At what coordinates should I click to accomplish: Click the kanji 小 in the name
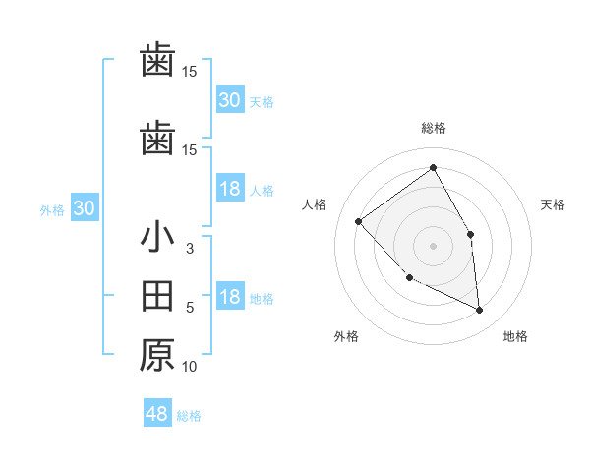coord(158,239)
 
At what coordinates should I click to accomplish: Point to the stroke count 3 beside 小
coord(190,249)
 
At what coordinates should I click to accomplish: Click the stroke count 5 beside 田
coord(190,308)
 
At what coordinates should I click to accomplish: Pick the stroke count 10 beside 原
coord(190,367)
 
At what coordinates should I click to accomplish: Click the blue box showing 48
coord(157,414)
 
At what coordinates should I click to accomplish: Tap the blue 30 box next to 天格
coord(230,99)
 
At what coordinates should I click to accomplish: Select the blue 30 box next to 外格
coord(84,208)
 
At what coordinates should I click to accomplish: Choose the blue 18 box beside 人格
coord(230,189)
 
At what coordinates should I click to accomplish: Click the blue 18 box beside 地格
coord(230,298)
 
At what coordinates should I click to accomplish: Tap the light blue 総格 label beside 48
coord(189,416)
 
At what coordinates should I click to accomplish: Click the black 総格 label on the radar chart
coord(434,128)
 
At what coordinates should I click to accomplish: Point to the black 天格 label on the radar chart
coord(554,204)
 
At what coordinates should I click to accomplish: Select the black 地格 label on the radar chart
coord(515,337)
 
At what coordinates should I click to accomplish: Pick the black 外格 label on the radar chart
coord(346,337)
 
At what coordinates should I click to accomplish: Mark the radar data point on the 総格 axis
coord(434,168)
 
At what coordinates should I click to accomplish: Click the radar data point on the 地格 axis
coord(480,310)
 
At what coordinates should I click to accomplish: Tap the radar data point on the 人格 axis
coord(359,221)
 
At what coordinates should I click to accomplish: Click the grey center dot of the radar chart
coord(434,245)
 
